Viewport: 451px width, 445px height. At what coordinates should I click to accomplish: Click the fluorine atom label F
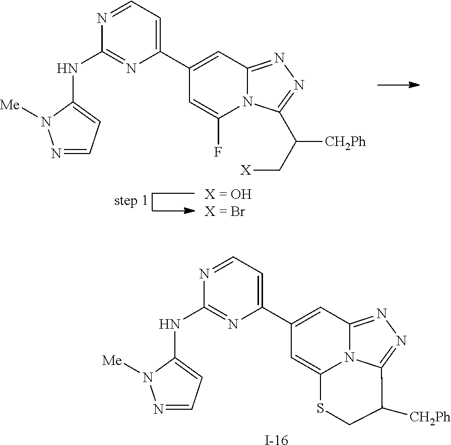[x=218, y=152]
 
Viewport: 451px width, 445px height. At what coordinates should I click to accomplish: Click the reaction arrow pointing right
[x=399, y=85]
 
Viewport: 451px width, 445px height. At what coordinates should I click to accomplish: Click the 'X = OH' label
[x=227, y=194]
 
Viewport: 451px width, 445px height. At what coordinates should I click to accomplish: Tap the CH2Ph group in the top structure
[x=345, y=143]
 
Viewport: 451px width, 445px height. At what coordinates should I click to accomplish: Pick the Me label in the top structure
[x=12, y=105]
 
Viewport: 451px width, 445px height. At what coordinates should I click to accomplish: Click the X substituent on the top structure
[x=245, y=171]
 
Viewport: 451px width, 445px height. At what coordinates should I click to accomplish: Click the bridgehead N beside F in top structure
[x=246, y=103]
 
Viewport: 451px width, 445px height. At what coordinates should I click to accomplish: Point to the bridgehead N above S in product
[x=347, y=358]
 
